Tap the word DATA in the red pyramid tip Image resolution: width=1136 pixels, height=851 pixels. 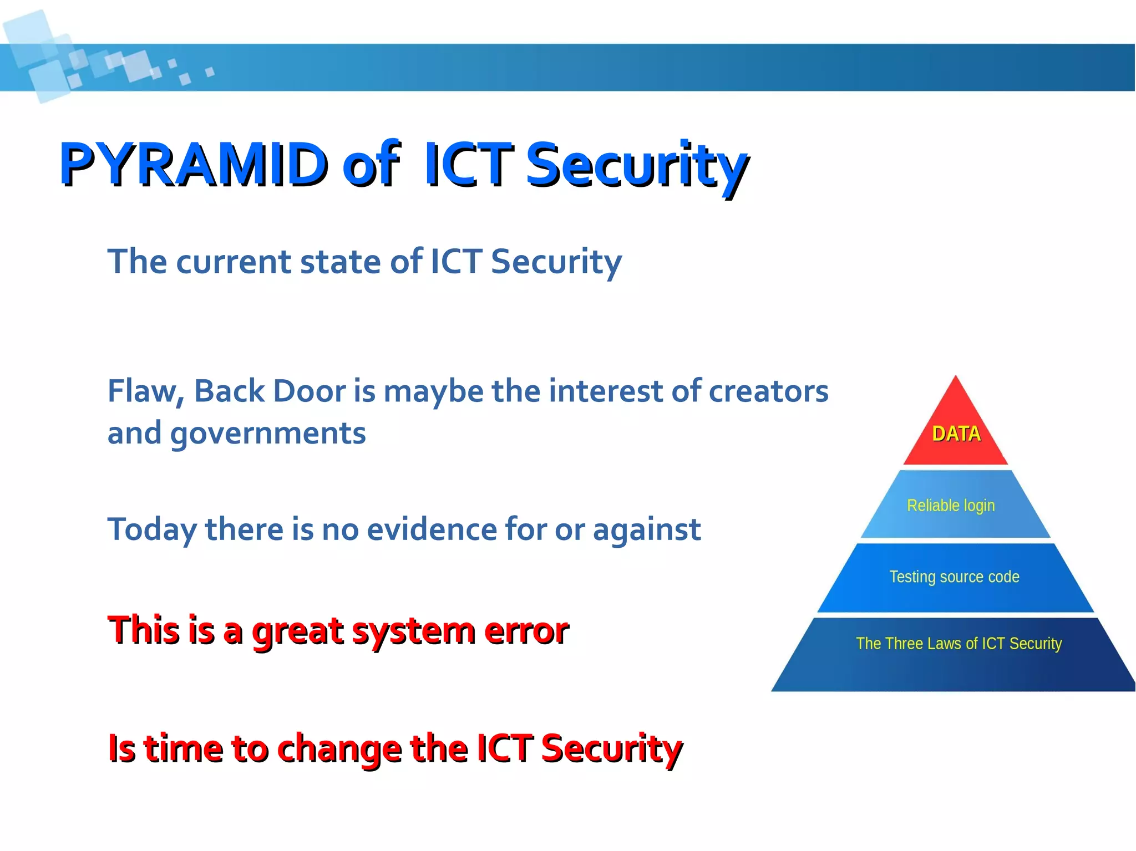[956, 434]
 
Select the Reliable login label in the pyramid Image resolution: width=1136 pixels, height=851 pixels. [951, 506]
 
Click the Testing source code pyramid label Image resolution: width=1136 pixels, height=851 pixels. [954, 577]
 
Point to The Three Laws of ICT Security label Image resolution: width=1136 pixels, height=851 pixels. [958, 643]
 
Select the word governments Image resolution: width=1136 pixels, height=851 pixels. [268, 434]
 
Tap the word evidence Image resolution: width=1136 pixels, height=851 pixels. [432, 529]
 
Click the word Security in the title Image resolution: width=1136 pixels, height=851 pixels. [637, 165]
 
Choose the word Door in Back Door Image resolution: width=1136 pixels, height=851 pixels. [310, 392]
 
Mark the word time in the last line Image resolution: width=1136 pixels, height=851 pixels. [184, 748]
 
